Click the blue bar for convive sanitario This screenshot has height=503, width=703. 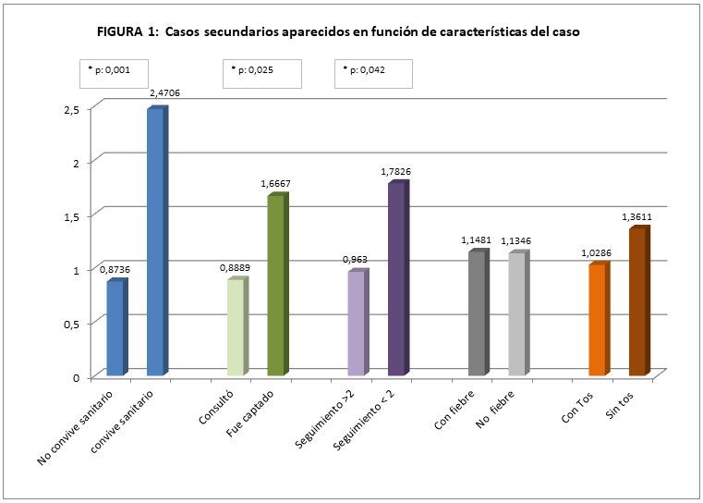pyautogui.click(x=155, y=242)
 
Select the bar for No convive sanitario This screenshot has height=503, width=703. pyautogui.click(x=115, y=327)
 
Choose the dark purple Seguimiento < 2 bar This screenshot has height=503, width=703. pyautogui.click(x=396, y=279)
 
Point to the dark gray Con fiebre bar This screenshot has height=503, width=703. pyautogui.click(x=477, y=313)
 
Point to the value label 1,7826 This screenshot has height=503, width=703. pyautogui.click(x=397, y=172)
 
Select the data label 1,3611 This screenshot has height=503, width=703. pyautogui.click(x=637, y=217)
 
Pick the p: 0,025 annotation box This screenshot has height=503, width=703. pyautogui.click(x=261, y=73)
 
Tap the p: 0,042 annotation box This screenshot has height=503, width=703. pyautogui.click(x=372, y=73)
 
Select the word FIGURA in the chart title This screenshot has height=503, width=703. pyautogui.click(x=119, y=31)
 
